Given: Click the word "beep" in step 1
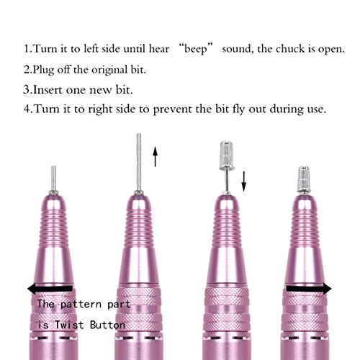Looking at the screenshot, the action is pos(195,50).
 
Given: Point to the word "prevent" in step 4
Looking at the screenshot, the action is pos(172,109).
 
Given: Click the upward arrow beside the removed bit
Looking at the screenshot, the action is pos(156,156).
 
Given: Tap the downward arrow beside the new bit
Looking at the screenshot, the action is pos(244,181).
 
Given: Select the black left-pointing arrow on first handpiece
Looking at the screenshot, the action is pos(50,289).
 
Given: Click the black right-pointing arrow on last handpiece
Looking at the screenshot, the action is pos(309,289).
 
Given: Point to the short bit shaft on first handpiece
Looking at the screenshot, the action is pos(54,178).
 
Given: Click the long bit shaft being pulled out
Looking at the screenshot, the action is pos(139,162).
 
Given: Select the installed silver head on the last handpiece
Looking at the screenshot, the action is pos(304,179).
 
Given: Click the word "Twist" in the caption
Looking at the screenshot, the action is pos(69,325).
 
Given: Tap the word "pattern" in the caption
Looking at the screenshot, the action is pos(81,305).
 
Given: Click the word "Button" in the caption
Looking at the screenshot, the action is pos(108,325).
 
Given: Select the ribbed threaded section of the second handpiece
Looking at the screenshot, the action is pos(139,228).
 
